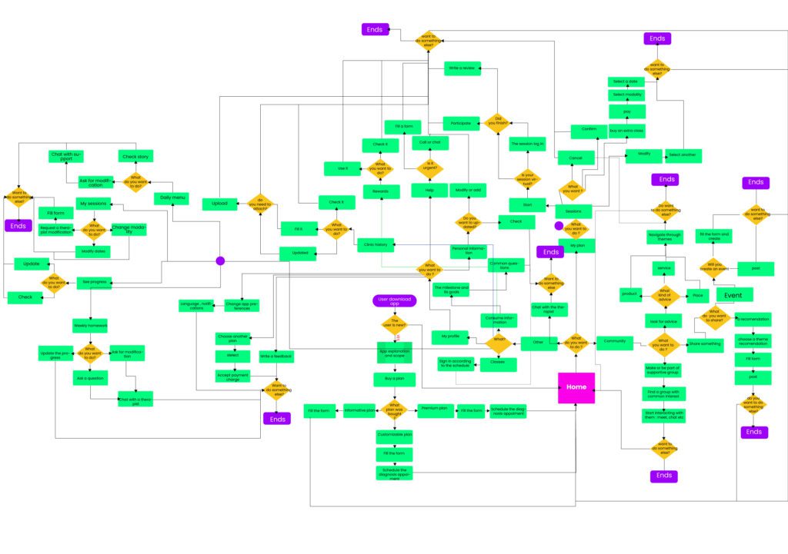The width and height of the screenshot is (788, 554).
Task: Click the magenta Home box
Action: (x=576, y=387)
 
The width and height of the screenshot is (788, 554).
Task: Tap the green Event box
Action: (x=734, y=294)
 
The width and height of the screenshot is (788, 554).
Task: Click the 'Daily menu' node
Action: (x=172, y=197)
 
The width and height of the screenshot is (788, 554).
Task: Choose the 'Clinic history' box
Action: (x=376, y=245)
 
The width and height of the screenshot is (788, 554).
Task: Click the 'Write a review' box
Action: (x=462, y=68)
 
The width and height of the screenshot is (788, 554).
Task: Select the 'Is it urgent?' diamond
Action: (x=429, y=167)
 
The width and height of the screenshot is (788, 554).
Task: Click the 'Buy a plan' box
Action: (x=395, y=378)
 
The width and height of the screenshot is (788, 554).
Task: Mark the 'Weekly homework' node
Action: (x=90, y=326)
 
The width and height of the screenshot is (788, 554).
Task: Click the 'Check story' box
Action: (x=135, y=157)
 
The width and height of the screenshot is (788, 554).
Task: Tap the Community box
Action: (x=615, y=340)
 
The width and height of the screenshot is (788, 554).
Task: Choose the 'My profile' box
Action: (x=449, y=336)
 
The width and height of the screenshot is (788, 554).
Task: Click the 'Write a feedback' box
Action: (x=275, y=357)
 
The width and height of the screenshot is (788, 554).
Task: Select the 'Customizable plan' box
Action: (x=395, y=436)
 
